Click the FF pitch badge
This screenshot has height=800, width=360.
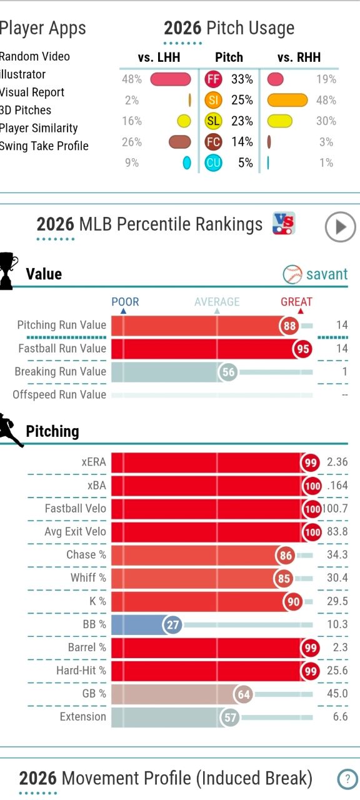pos(213,79)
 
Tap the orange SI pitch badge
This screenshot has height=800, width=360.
pos(213,100)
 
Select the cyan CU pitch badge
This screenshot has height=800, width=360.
pos(213,163)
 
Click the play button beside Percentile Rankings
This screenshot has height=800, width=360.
pos(341,227)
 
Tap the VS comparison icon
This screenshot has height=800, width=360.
pos(284,223)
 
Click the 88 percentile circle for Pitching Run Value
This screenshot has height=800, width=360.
pos(289,326)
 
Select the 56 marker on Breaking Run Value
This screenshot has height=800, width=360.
pos(228,372)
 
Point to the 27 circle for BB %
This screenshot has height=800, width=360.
pos(172,624)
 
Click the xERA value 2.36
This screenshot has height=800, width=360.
pos(337,462)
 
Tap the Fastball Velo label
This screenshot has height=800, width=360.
pos(76,508)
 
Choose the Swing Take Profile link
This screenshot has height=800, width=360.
pos(44,146)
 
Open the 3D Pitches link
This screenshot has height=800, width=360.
pos(26,110)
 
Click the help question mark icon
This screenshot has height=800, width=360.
pos(347,779)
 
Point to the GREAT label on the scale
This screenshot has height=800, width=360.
pos(296,302)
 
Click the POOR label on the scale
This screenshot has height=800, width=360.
pos(125,302)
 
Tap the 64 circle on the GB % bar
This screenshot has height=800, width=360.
pos(244,694)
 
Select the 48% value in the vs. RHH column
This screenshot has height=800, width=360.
pos(326,100)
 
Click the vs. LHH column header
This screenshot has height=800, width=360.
pos(159,57)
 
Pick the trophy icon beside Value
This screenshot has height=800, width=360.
pos(9,271)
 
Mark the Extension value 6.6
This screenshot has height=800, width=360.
pos(341,716)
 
